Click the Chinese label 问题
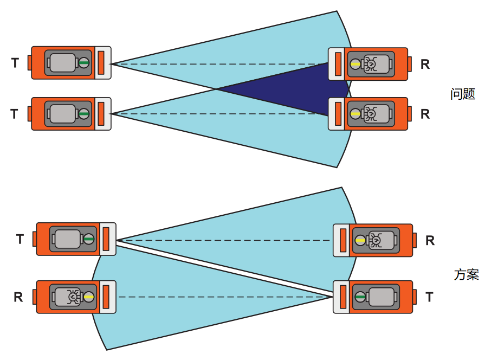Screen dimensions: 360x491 [462, 94]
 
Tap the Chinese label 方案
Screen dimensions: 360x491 [466, 274]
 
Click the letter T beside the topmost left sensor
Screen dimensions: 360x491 [15, 63]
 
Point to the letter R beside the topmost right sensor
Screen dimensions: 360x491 [425, 64]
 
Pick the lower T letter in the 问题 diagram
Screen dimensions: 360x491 [15, 114]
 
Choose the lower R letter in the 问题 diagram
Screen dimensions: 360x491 [425, 114]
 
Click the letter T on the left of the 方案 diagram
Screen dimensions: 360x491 [20, 239]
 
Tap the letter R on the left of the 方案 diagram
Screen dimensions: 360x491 [18, 297]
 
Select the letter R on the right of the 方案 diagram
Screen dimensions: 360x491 [430, 240]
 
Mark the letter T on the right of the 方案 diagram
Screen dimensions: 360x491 [430, 297]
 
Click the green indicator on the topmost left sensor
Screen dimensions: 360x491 [84, 63]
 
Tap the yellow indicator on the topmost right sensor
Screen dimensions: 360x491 [355, 64]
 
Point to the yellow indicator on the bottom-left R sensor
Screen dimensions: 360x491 [88, 297]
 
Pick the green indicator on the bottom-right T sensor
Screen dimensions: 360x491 [360, 297]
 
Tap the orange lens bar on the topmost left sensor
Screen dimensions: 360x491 [101, 63]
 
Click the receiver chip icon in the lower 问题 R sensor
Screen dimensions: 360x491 [371, 114]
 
